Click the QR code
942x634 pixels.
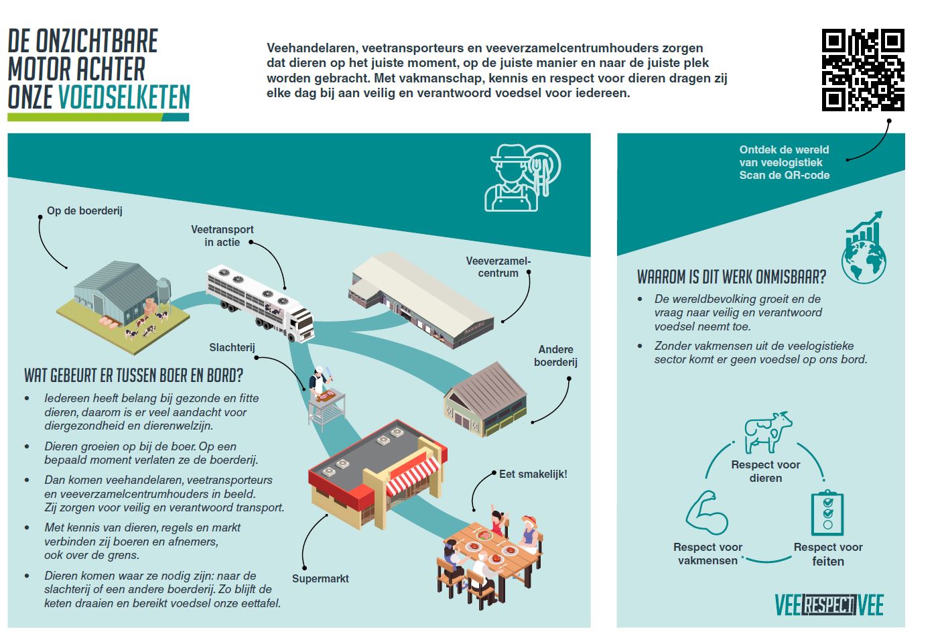(863, 70)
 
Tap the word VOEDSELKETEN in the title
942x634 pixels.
(124, 97)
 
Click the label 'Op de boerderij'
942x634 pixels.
(84, 210)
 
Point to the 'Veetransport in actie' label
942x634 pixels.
(222, 235)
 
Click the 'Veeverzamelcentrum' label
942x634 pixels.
(498, 267)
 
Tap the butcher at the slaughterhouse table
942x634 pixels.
(318, 381)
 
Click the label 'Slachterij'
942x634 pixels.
(232, 347)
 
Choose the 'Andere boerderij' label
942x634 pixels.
(555, 355)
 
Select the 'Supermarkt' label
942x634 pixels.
(320, 578)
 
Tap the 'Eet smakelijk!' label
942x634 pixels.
(533, 474)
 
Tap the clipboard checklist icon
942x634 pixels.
(827, 513)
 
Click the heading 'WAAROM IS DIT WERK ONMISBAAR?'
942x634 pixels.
(731, 277)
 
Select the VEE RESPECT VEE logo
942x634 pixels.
(829, 605)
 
